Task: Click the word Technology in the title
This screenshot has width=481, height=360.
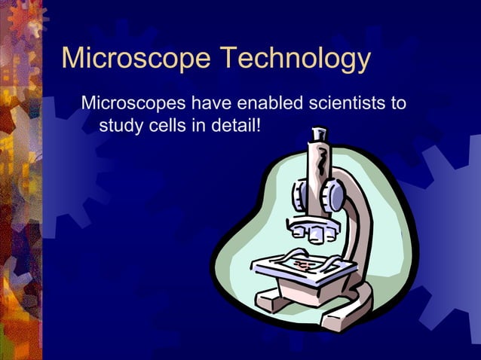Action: coord(296,59)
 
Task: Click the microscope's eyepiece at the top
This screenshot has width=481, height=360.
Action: coord(318,139)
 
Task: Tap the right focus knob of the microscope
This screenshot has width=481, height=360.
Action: coord(332,197)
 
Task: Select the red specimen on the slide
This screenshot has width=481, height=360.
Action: coord(303,264)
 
